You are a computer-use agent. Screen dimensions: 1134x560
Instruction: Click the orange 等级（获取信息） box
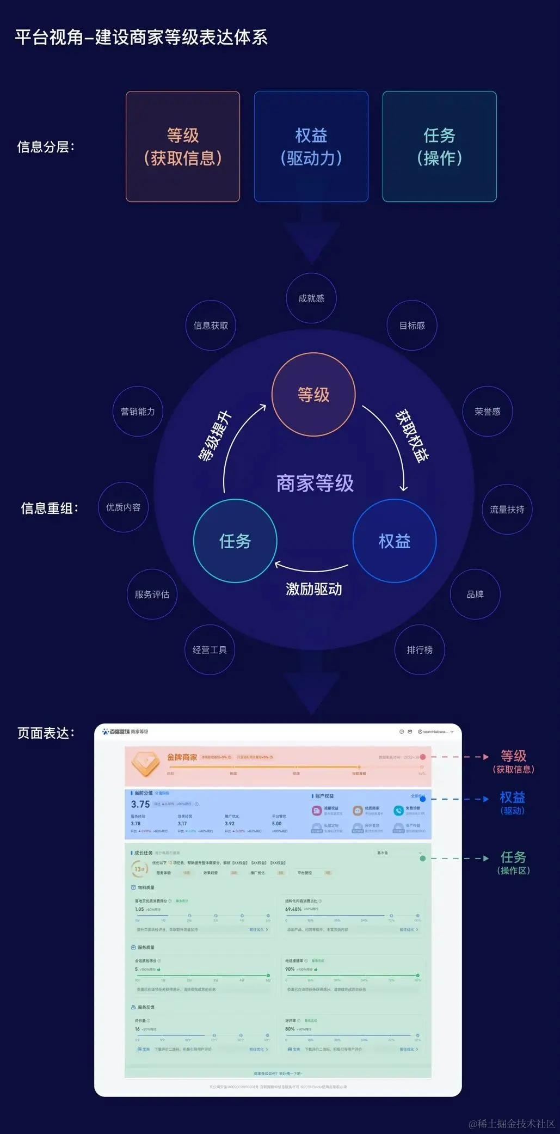tap(183, 146)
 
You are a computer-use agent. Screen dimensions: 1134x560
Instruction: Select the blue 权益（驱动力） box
tap(311, 146)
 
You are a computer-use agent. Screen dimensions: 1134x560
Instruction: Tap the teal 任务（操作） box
tap(440, 146)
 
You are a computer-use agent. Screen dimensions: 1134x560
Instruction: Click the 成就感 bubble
tap(311, 298)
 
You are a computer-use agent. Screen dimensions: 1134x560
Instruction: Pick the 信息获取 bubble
tap(211, 326)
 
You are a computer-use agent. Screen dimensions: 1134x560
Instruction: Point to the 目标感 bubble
tap(412, 326)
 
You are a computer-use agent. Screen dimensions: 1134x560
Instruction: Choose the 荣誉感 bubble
tap(488, 412)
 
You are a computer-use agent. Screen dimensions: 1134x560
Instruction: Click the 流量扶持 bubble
tap(507, 510)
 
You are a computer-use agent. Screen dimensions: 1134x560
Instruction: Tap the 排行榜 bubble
tap(420, 650)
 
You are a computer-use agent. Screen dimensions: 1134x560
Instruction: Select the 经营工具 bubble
tap(210, 650)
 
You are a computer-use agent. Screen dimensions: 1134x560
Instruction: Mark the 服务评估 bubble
tap(152, 594)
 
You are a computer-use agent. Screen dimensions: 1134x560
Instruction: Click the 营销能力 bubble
tap(138, 412)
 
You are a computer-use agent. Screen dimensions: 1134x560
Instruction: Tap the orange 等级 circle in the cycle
tap(313, 395)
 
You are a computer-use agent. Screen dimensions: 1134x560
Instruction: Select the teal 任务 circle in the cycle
tap(235, 541)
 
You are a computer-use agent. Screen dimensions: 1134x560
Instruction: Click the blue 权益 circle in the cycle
tap(395, 541)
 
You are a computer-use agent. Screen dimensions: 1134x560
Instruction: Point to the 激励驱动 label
tap(314, 589)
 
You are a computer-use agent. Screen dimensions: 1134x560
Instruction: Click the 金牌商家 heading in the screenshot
tap(182, 757)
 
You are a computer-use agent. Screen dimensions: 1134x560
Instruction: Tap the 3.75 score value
tap(140, 805)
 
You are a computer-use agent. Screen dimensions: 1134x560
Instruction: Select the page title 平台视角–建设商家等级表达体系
tap(141, 38)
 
